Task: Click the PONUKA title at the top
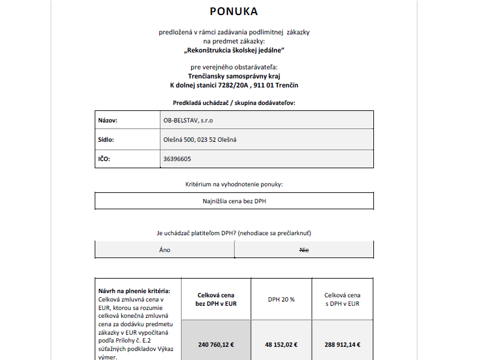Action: [x=233, y=11]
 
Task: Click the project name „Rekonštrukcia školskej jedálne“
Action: [x=234, y=50]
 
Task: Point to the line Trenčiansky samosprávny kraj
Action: [x=234, y=76]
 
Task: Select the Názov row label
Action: [x=107, y=121]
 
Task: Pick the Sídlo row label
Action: [x=106, y=140]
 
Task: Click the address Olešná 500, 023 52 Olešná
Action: [x=200, y=140]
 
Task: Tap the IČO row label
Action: [x=104, y=159]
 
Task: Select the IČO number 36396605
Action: [x=177, y=159]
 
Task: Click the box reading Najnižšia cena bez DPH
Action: [x=234, y=201]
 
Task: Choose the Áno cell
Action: [x=165, y=249]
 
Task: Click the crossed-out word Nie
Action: [x=304, y=249]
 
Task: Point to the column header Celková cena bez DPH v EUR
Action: [x=216, y=299]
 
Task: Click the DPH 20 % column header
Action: [x=281, y=299]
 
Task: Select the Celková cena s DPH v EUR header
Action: [x=342, y=299]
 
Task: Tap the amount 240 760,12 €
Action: [x=216, y=345]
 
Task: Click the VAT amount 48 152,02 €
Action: [x=281, y=345]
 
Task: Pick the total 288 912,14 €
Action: [x=342, y=345]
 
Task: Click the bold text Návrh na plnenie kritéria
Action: [x=130, y=291]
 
